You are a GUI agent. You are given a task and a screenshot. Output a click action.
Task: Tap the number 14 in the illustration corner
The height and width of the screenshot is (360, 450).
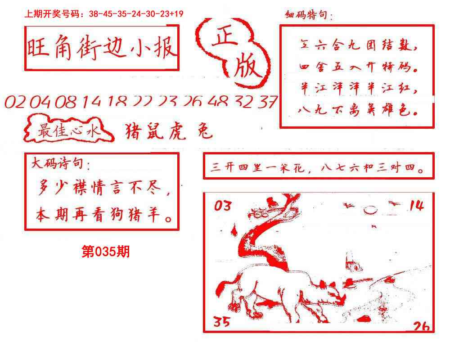(x=416, y=206)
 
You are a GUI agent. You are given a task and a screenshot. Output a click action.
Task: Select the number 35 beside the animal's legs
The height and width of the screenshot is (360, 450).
(x=221, y=321)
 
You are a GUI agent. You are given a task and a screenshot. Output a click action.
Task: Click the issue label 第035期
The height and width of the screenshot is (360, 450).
(x=106, y=252)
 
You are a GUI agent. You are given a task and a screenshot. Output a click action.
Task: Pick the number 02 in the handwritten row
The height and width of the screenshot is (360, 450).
(x=15, y=103)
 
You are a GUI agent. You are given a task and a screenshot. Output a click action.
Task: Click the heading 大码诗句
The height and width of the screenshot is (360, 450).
(x=60, y=164)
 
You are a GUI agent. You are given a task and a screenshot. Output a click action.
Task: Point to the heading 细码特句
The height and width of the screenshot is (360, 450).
(x=309, y=17)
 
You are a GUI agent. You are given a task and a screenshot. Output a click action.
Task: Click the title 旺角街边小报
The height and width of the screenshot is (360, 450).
(x=101, y=48)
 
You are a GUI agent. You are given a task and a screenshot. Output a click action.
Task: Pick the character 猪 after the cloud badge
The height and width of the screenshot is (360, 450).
(x=132, y=131)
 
